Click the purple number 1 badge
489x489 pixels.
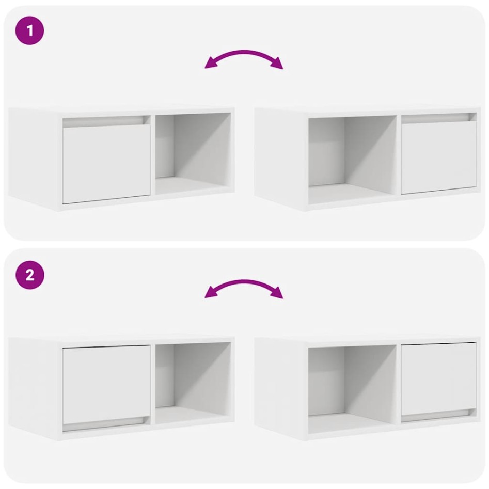coord(30,30)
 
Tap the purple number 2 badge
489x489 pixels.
coord(30,275)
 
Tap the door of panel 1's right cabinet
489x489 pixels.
coord(439,157)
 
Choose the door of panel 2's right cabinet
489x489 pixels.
coord(439,378)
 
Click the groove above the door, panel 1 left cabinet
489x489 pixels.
coord(103,121)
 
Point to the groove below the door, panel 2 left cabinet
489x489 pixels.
coord(103,427)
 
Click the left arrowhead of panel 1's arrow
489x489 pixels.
coord(210,64)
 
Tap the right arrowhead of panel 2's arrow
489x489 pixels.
coord(278,294)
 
